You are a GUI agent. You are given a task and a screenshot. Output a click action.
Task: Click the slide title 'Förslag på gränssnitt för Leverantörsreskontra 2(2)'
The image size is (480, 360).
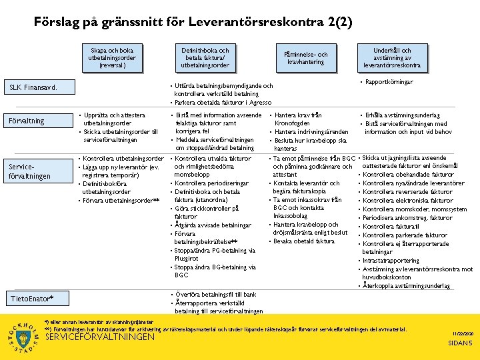(193, 22)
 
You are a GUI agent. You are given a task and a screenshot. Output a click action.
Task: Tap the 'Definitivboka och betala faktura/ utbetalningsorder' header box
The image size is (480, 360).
(205, 58)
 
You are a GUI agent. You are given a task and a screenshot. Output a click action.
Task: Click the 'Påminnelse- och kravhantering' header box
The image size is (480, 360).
(306, 58)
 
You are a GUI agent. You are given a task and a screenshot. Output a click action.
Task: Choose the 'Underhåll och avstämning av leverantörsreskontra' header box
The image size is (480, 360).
(392, 58)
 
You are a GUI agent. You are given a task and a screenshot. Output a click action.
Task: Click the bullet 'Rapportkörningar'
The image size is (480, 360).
(389, 82)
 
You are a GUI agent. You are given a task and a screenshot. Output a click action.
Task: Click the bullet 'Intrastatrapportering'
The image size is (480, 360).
(391, 261)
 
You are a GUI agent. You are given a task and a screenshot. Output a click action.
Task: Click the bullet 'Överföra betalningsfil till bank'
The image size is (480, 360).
(215, 294)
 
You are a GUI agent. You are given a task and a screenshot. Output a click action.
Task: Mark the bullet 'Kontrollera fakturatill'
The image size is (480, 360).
(391, 227)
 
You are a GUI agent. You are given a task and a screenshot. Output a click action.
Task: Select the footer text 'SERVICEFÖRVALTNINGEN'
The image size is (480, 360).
(99, 337)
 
